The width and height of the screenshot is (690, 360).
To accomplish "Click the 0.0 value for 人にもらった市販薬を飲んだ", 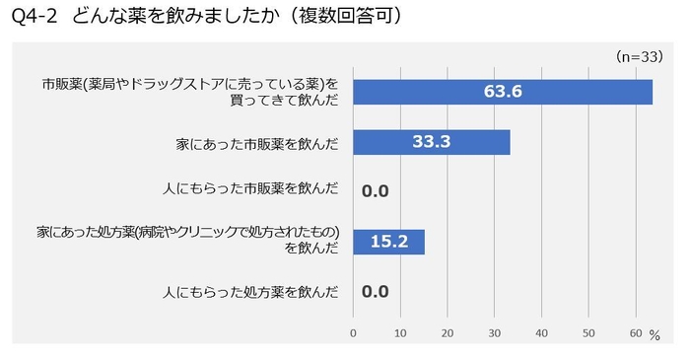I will point(376,191).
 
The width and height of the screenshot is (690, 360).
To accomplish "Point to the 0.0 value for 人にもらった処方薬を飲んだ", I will point(376,292).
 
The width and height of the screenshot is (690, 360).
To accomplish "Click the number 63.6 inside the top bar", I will point(502,91).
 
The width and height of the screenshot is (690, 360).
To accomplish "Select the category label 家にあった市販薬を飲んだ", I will point(255,143).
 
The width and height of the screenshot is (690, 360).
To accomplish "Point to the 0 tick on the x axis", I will point(353,331).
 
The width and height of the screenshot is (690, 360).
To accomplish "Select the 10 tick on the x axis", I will point(400,331).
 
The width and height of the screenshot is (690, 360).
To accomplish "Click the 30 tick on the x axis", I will point(494,331).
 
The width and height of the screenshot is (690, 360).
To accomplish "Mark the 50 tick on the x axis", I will point(588,331).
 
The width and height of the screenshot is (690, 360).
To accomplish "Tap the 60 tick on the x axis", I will point(635,331).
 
